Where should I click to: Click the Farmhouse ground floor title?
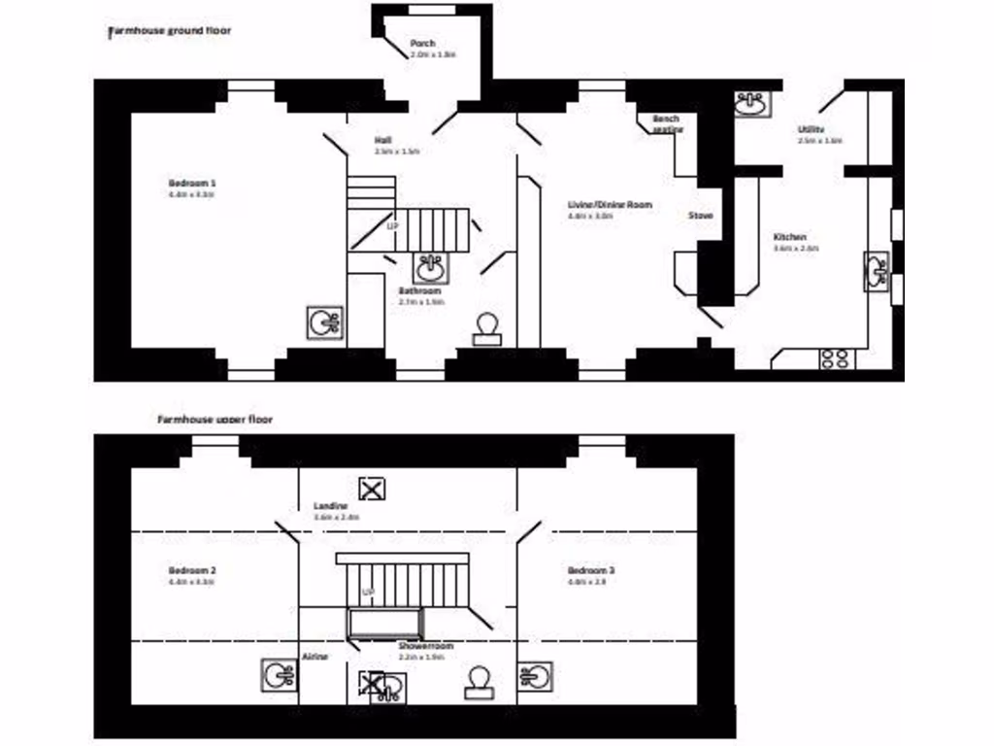click(169, 31)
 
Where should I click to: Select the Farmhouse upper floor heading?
click(215, 420)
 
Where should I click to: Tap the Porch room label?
click(422, 44)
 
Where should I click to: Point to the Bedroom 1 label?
click(191, 183)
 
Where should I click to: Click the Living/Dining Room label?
click(610, 205)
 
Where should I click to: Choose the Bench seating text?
click(667, 123)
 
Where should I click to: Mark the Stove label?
click(701, 216)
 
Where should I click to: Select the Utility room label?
click(812, 129)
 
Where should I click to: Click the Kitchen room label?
click(789, 237)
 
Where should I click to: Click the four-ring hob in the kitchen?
click(834, 358)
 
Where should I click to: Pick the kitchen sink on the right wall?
click(877, 271)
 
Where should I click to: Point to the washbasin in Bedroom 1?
click(323, 322)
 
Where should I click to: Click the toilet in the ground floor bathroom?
click(485, 329)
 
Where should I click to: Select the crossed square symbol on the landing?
click(372, 488)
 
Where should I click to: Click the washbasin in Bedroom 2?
click(279, 674)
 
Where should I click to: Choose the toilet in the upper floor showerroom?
click(478, 683)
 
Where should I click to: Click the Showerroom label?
click(425, 645)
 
